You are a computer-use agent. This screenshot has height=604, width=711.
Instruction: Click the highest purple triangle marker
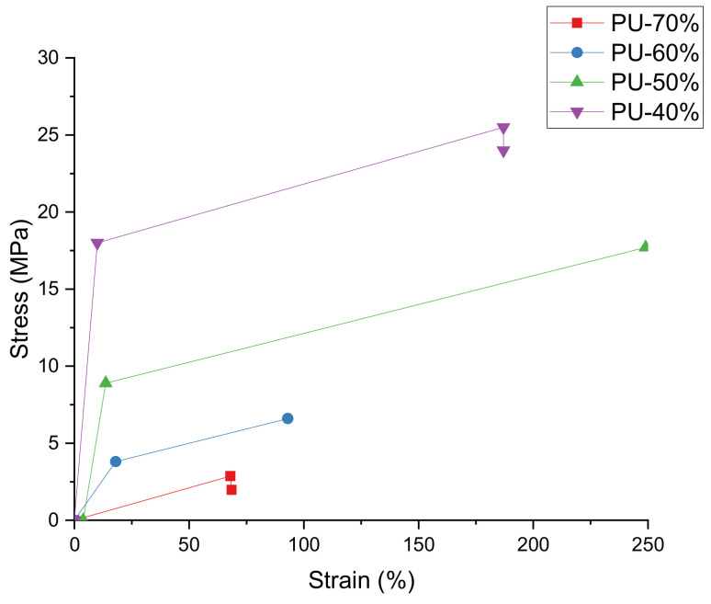tap(503, 129)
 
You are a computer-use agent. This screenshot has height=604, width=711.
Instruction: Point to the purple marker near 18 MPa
tap(97, 244)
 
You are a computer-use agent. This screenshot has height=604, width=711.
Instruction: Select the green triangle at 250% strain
tap(645, 245)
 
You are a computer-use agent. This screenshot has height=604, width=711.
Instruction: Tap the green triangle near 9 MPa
tap(106, 382)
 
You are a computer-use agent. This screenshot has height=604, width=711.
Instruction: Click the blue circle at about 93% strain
tap(288, 418)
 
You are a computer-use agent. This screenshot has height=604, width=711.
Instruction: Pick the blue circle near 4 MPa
tap(116, 462)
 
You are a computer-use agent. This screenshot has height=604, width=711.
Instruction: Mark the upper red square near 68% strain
tap(231, 476)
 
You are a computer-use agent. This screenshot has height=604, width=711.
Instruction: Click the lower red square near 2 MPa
tap(231, 489)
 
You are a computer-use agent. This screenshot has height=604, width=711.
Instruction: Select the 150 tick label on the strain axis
tap(418, 543)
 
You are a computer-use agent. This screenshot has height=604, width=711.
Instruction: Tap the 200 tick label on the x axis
tap(533, 543)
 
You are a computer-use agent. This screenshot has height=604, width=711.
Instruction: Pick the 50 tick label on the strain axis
tap(189, 543)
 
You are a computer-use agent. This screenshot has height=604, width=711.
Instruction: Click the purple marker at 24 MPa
tap(503, 152)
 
